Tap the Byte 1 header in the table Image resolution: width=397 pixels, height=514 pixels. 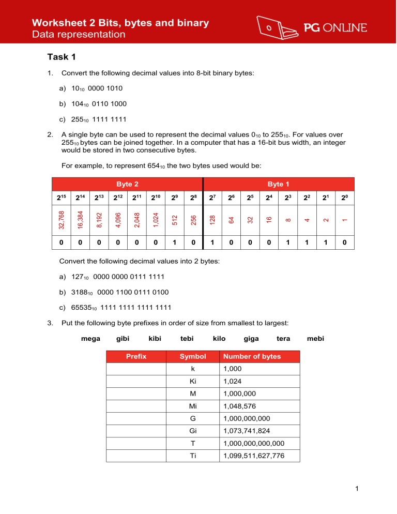coord(282,183)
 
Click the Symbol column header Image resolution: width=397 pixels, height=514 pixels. coord(192,356)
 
